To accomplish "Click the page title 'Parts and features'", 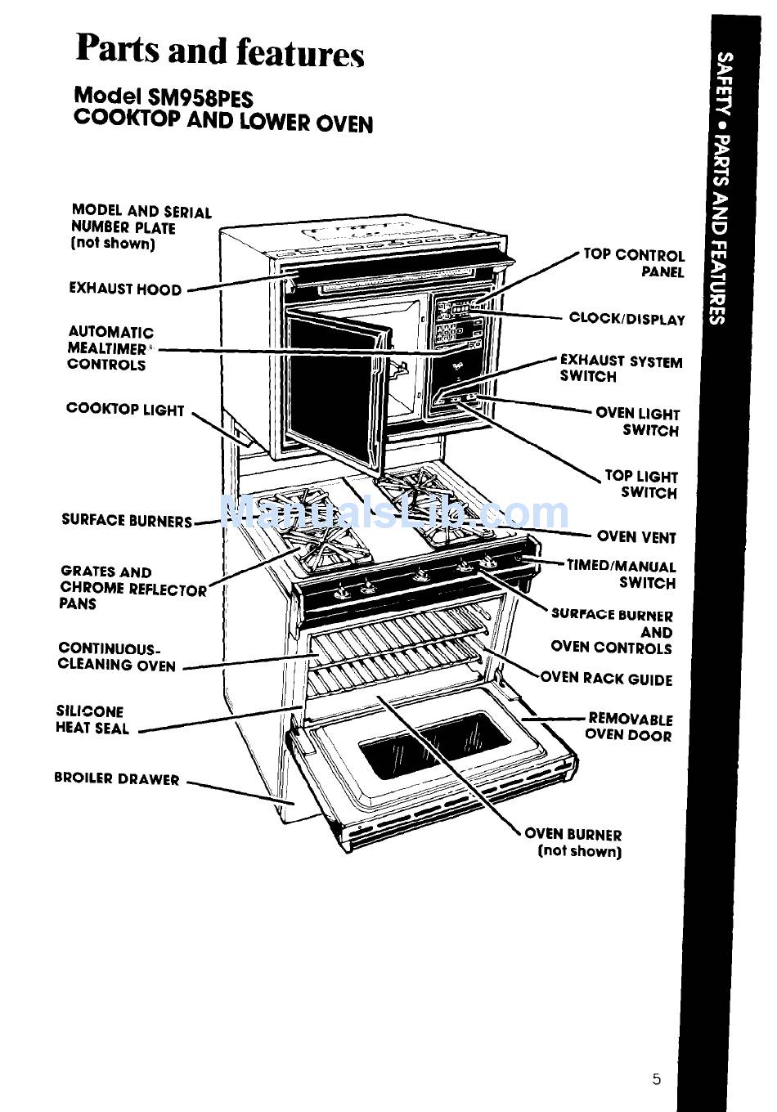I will [x=219, y=51].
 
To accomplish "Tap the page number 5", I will [x=656, y=1079].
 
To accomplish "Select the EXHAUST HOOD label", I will [x=125, y=289].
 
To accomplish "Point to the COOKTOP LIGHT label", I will [x=125, y=410].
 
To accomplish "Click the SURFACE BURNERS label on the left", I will [x=127, y=520].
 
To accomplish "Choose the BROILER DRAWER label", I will [x=117, y=778].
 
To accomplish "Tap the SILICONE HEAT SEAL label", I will [x=92, y=720].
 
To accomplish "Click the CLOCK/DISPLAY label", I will [x=627, y=319].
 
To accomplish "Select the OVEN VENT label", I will [x=636, y=537].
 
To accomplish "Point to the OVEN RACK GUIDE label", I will [x=606, y=679].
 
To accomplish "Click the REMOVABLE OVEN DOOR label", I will [x=629, y=727].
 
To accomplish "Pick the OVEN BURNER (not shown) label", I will [x=574, y=842].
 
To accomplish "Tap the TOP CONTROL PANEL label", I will [x=635, y=262].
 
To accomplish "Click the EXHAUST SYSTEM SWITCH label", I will [x=620, y=368].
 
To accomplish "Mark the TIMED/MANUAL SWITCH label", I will [x=622, y=574].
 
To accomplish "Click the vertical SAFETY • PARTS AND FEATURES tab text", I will [x=719, y=188].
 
